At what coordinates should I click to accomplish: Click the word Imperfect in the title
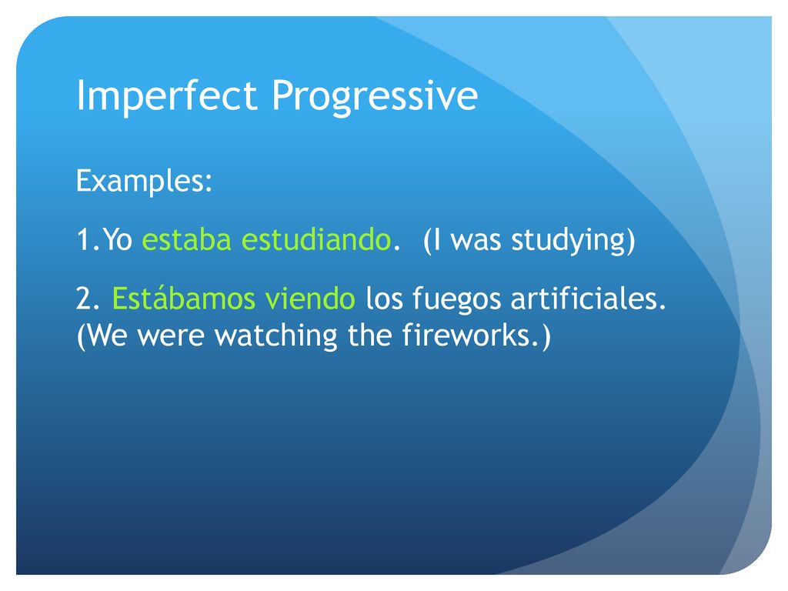167,95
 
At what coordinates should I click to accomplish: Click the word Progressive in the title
375,95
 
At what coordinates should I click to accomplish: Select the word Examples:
145,182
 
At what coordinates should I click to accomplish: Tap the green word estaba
186,239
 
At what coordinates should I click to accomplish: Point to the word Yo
117,239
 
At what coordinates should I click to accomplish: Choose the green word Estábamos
183,298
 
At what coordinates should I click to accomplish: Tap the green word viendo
310,298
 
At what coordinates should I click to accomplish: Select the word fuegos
456,300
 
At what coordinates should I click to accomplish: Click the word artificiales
588,298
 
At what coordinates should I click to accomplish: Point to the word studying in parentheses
573,241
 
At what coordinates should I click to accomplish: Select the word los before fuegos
384,298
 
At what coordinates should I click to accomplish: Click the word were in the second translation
171,337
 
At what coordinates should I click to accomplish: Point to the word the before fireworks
369,335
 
